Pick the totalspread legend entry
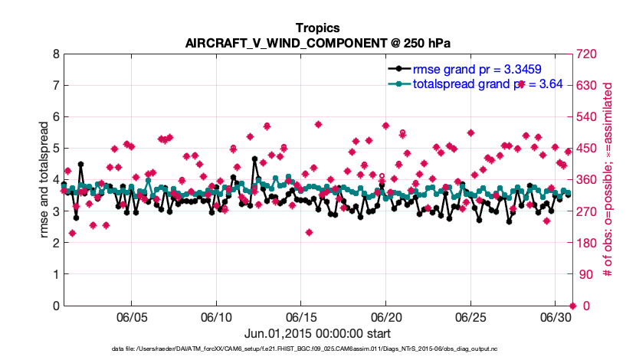point(487,83)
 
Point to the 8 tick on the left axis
point(55,54)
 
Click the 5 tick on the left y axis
point(55,149)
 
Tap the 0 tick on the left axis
point(55,306)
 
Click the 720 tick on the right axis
point(587,54)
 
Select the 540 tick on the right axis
point(587,117)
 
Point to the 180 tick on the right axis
point(587,243)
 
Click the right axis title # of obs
point(609,180)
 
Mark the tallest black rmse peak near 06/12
point(254,159)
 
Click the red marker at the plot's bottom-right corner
point(572,306)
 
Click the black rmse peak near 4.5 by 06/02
point(80,164)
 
